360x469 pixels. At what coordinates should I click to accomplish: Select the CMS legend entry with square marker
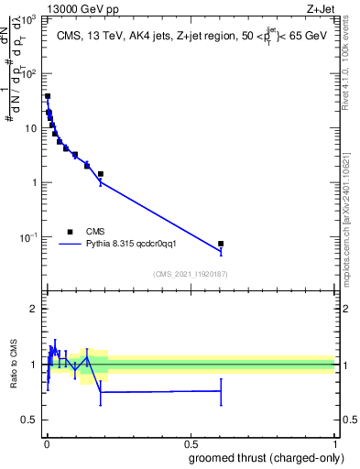71,232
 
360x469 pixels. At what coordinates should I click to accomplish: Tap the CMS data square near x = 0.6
221,244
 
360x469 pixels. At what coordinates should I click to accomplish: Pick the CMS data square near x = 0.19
101,174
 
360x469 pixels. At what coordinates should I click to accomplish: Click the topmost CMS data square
48,96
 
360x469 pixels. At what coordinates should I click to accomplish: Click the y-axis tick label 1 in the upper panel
37,182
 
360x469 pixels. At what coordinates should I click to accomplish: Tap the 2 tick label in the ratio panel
37,309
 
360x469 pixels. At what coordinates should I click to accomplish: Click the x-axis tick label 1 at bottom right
334,444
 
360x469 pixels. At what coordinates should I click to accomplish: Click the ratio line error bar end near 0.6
221,390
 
